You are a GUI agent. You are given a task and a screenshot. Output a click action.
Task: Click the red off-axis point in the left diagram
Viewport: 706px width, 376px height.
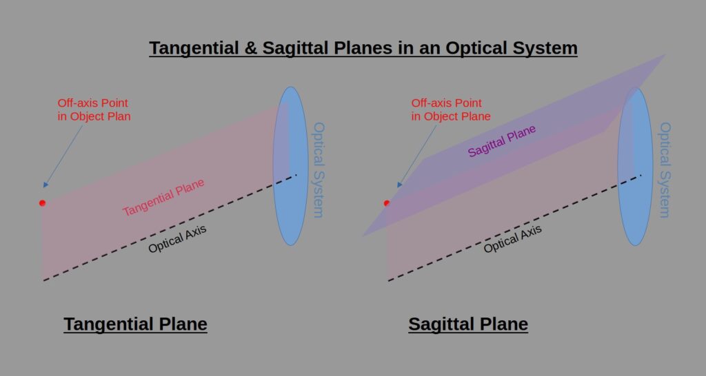[42, 203]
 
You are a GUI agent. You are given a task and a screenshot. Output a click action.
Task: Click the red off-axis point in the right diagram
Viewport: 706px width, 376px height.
[386, 203]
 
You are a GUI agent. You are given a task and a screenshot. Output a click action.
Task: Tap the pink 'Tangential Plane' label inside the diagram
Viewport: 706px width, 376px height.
[163, 197]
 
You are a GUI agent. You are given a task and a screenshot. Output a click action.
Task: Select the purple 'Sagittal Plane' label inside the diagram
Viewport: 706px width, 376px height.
[502, 140]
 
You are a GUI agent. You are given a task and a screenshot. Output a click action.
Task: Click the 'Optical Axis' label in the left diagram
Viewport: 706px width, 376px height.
[177, 239]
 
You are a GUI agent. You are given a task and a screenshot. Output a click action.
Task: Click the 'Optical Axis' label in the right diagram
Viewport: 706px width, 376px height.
[512, 239]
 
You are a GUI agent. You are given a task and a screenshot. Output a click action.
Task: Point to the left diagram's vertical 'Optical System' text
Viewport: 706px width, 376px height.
[319, 170]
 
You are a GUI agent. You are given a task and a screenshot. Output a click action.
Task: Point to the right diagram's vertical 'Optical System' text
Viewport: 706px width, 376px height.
[665, 170]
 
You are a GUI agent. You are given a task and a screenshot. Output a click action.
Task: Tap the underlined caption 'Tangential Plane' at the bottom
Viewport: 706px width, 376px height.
[136, 324]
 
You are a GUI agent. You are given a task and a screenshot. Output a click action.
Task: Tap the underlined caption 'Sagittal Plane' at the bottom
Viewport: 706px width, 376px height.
[468, 324]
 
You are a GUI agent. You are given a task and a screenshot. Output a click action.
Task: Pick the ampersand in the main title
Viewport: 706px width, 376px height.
[250, 48]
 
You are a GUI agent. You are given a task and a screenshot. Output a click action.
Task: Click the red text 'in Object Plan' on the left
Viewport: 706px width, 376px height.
[94, 116]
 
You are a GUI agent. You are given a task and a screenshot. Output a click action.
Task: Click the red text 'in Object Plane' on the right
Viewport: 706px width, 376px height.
[451, 116]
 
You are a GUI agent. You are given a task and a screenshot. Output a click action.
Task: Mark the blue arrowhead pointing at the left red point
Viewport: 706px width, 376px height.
[46, 185]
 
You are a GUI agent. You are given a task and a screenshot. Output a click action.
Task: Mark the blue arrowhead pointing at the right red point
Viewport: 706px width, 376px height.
[399, 185]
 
